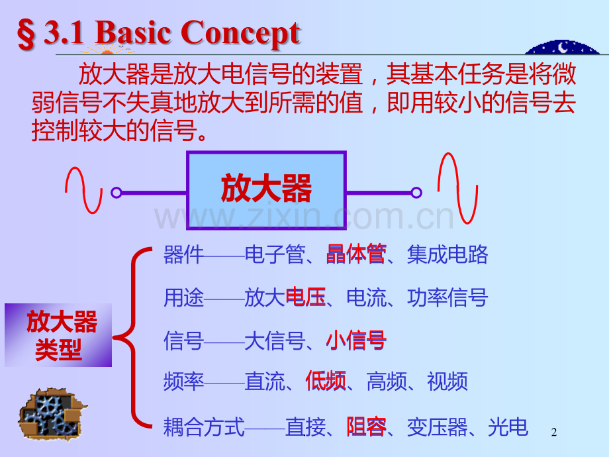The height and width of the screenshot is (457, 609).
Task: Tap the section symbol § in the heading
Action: click(x=26, y=35)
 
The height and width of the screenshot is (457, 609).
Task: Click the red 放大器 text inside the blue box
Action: click(x=266, y=189)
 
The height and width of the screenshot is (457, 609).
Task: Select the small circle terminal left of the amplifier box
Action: click(x=116, y=192)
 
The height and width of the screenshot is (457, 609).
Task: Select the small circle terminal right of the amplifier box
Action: click(x=416, y=192)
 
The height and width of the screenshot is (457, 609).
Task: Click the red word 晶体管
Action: click(x=356, y=254)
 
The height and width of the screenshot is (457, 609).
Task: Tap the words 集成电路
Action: click(x=447, y=254)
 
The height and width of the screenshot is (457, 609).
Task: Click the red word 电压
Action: click(x=305, y=297)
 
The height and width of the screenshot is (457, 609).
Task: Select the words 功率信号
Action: click(x=447, y=297)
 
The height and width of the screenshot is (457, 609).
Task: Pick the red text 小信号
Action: click(x=356, y=340)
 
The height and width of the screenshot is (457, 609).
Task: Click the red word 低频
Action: click(x=326, y=381)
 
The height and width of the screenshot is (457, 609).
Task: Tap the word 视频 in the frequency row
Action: click(x=447, y=381)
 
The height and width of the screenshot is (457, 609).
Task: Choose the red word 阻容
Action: click(x=367, y=427)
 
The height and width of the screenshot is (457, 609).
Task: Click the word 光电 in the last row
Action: click(x=508, y=427)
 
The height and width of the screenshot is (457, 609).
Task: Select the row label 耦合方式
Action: click(x=204, y=427)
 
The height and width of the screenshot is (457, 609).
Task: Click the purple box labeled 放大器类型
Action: click(x=58, y=335)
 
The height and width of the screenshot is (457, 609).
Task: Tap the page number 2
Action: click(x=554, y=432)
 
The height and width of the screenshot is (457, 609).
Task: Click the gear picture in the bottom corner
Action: click(x=52, y=413)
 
